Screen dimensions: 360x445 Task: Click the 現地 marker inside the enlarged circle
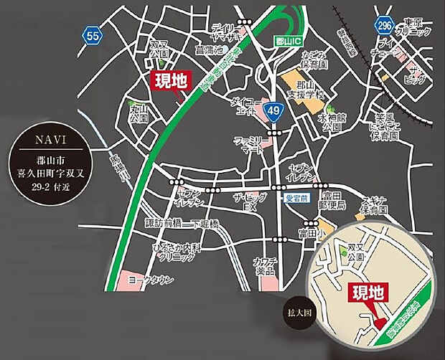368,292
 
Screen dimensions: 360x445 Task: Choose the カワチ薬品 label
264,266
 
